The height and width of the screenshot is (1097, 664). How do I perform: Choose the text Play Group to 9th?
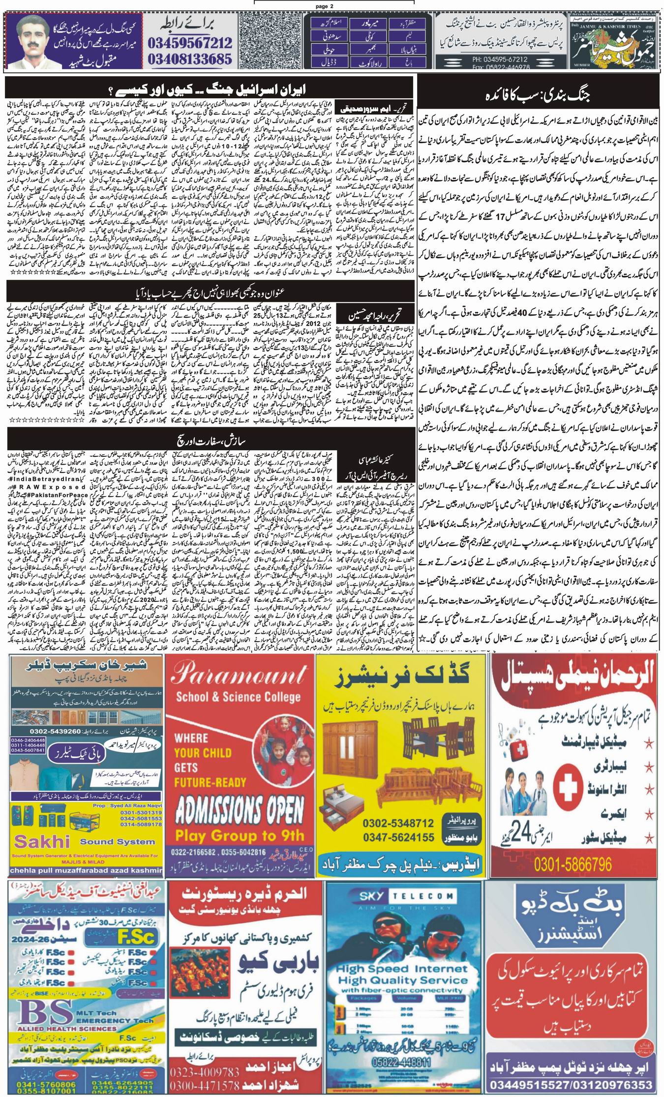pyautogui.click(x=240, y=834)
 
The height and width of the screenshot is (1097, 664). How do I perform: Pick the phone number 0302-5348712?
pyautogui.click(x=398, y=822)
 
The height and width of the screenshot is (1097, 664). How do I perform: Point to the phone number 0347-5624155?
pyautogui.click(x=398, y=836)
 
